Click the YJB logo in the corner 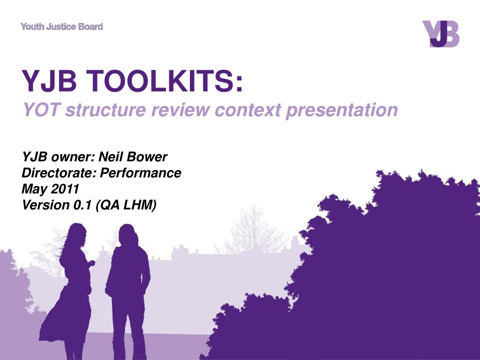(x=441, y=34)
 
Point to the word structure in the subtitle (x=105, y=110)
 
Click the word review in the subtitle (x=180, y=110)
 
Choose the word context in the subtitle (x=247, y=110)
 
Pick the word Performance (x=141, y=173)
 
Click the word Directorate (x=59, y=173)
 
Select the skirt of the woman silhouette (x=66, y=315)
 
